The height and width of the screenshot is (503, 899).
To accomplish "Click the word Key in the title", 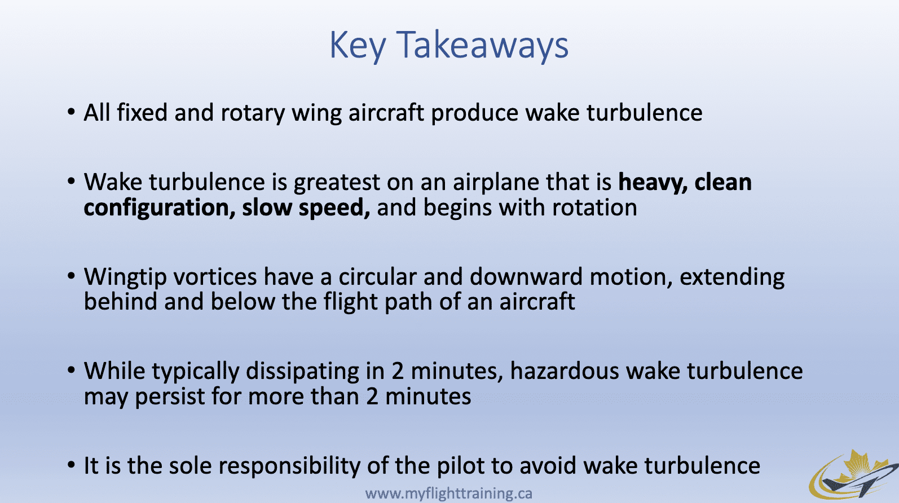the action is pyautogui.click(x=358, y=47).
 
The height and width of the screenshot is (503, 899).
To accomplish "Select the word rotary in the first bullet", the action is pyautogui.click(x=253, y=113).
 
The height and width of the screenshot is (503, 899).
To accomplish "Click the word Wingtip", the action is pyautogui.click(x=125, y=277).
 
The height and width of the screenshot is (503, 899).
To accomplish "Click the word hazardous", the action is pyautogui.click(x=565, y=371).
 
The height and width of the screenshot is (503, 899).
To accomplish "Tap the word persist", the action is pyautogui.click(x=170, y=397).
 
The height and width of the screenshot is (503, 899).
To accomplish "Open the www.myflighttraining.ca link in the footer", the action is pyautogui.click(x=449, y=493).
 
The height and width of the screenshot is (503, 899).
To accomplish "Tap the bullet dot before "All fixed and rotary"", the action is pyautogui.click(x=72, y=112).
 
